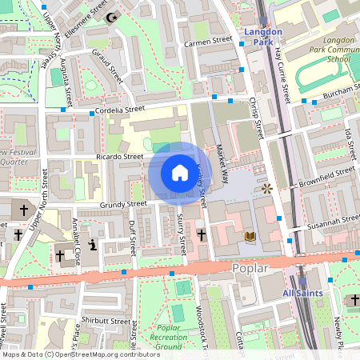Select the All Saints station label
pos(302,294)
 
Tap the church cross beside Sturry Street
pos(201,236)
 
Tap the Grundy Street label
pos(124,205)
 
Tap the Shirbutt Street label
pos(108,321)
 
